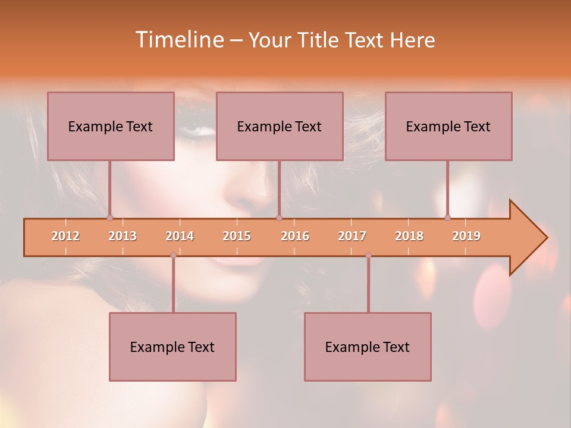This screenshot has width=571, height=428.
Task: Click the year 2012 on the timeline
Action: coord(65,236)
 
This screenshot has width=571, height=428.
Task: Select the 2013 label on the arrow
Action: coord(123,236)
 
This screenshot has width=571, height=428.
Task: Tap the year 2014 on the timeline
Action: coord(180,236)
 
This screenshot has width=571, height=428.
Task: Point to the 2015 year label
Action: coord(237,236)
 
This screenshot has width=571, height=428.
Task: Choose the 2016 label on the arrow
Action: coord(295,236)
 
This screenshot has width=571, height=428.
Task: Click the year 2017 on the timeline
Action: coord(352,236)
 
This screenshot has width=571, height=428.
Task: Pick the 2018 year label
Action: coord(409,236)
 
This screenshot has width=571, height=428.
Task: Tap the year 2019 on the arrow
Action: coord(466,236)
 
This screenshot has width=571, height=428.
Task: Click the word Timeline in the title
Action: coord(178,40)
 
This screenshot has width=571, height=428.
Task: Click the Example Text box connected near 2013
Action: coord(111,126)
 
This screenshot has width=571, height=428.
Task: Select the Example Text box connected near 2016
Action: coord(280,126)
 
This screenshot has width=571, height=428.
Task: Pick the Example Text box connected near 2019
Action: coord(448,126)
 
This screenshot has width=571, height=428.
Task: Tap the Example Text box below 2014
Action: coord(172,347)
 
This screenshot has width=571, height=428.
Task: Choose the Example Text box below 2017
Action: coord(368,347)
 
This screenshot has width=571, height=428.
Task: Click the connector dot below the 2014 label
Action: coord(173,255)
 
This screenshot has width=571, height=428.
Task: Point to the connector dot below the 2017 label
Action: coord(368,255)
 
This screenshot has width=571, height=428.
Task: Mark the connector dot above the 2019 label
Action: coord(447,218)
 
